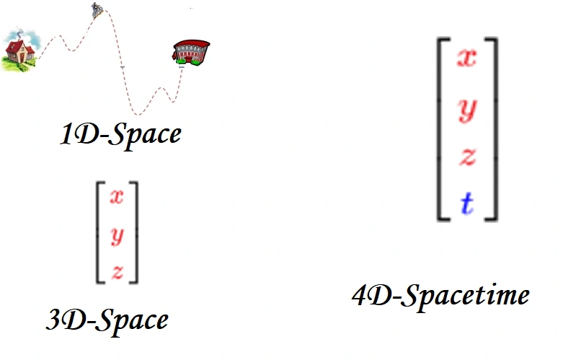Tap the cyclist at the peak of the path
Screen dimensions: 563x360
(x=96, y=9)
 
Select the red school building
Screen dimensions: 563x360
(x=190, y=51)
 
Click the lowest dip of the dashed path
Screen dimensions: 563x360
(x=138, y=113)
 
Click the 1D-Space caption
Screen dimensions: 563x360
(x=120, y=134)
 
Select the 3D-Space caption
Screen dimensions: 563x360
(x=107, y=320)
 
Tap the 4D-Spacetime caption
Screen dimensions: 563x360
(x=440, y=295)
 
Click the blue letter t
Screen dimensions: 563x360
(x=467, y=205)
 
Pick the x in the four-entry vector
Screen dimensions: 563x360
(x=467, y=58)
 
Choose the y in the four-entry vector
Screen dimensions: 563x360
(x=467, y=108)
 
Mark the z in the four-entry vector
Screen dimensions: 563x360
(x=467, y=157)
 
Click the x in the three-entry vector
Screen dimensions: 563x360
(x=116, y=197)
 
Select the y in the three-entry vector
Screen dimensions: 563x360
(x=116, y=234)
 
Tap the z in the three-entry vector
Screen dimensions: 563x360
(x=116, y=271)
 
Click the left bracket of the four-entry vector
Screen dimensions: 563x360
(x=440, y=128)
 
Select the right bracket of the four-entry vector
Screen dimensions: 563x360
(x=493, y=128)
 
